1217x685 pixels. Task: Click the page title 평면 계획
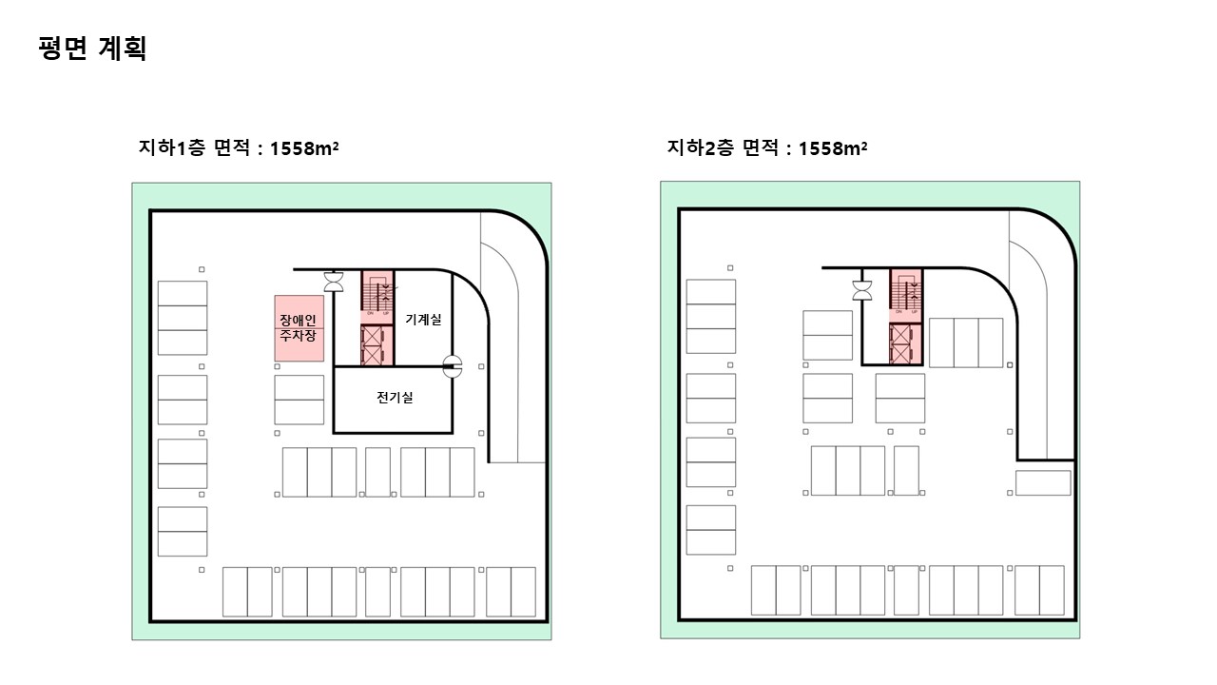[x=92, y=49]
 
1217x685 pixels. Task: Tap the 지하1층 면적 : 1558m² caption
[x=240, y=148]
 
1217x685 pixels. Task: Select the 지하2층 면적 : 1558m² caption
[x=767, y=148]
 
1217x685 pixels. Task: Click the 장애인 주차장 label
[x=298, y=328]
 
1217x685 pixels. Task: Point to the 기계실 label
[x=423, y=320]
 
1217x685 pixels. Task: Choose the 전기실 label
[x=395, y=398]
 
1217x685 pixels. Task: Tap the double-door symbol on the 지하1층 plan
[x=335, y=282]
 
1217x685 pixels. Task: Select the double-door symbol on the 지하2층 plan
[x=863, y=289]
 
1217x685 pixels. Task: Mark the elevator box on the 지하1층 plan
[x=377, y=344]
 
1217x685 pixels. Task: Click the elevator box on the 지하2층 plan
[x=905, y=343]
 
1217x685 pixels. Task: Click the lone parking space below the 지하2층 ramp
[x=1043, y=482]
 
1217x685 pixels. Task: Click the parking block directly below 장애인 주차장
[x=299, y=400]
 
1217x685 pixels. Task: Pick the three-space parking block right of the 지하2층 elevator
[x=966, y=342]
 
